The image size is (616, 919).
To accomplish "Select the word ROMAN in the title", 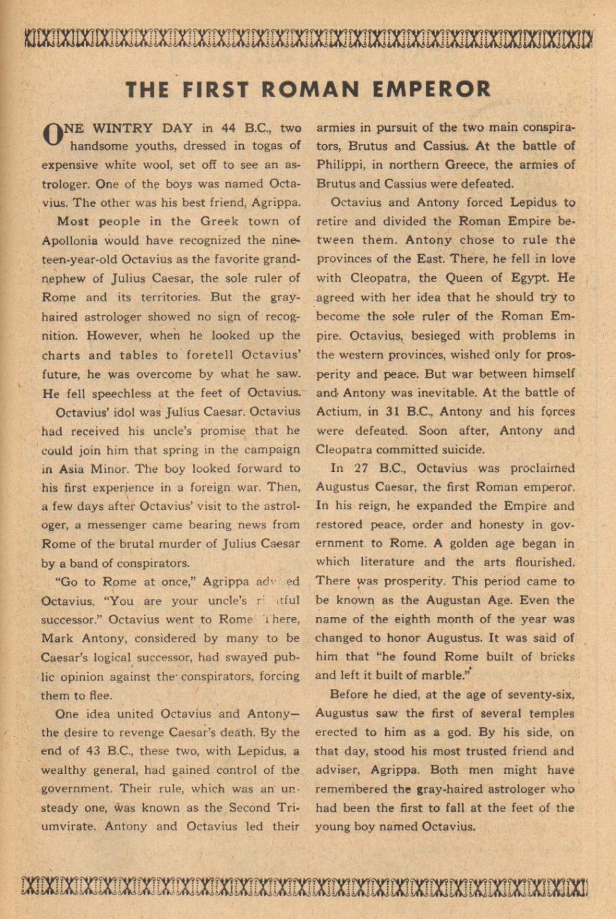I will pyautogui.click(x=314, y=90).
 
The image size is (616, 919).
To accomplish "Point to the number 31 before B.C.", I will pyautogui.click(x=389, y=411).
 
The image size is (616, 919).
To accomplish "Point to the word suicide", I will pyautogui.click(x=461, y=449).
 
